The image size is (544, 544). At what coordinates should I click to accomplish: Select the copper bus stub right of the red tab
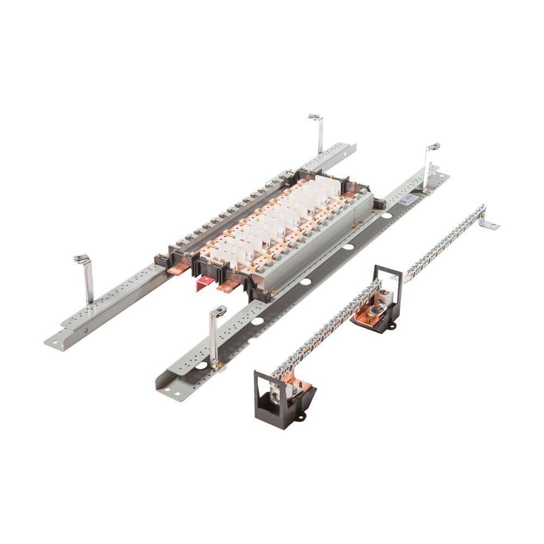229,286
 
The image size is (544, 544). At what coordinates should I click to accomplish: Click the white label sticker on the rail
406,201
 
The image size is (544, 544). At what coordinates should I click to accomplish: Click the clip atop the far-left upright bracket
81,259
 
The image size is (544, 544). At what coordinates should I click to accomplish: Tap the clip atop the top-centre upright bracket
316,117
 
